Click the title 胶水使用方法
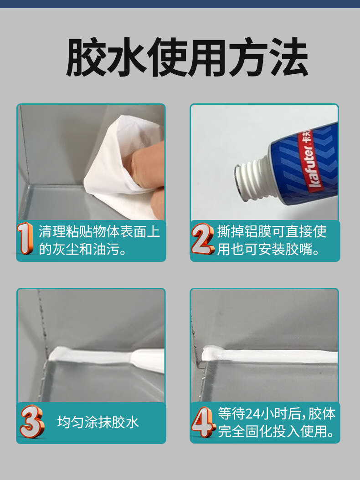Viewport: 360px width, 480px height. (x=187, y=57)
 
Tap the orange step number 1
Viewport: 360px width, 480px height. (x=25, y=238)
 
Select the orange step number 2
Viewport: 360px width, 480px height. (x=202, y=239)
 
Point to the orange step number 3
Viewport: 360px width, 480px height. (x=32, y=421)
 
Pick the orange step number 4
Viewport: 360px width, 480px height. (x=203, y=422)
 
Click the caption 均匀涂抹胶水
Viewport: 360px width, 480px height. (x=98, y=422)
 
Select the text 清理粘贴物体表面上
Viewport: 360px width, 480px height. (x=99, y=231)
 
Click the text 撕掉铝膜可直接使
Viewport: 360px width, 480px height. (x=272, y=231)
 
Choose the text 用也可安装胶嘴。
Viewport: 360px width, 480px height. (x=269, y=249)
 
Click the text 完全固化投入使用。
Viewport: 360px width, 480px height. (x=276, y=431)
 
